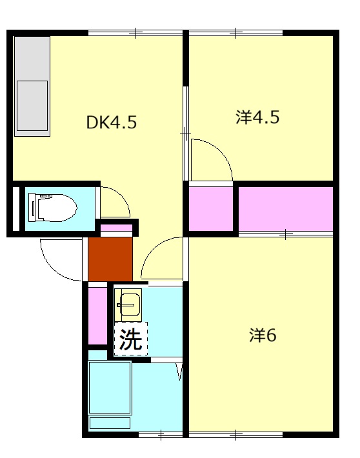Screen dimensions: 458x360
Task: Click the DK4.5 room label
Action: (x=112, y=123)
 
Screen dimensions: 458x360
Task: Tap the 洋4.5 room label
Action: (x=257, y=118)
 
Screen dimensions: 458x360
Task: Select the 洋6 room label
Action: (x=263, y=335)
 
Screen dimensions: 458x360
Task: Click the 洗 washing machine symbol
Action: (x=131, y=339)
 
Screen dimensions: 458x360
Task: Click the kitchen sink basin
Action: (x=32, y=105)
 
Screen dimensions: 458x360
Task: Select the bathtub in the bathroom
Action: (x=110, y=389)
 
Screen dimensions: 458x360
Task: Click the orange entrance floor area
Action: (x=110, y=259)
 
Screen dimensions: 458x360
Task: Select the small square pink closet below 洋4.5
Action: (x=210, y=209)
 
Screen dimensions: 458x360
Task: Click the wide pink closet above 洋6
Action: (x=286, y=208)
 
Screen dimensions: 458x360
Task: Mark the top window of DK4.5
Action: (x=135, y=32)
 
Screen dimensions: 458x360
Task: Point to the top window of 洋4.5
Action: (x=236, y=32)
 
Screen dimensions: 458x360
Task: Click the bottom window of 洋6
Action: (x=236, y=434)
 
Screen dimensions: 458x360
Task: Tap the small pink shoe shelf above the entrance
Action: (x=116, y=228)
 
